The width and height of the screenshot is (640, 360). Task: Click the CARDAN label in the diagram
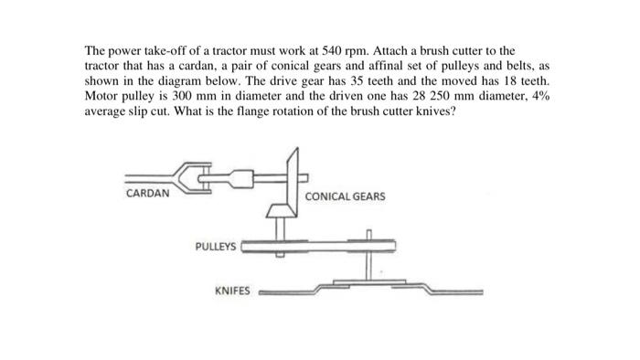click(145, 194)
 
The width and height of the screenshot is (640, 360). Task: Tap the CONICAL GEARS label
click(345, 196)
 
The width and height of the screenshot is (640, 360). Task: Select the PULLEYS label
click(216, 247)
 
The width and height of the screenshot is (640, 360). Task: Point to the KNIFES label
click(231, 291)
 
